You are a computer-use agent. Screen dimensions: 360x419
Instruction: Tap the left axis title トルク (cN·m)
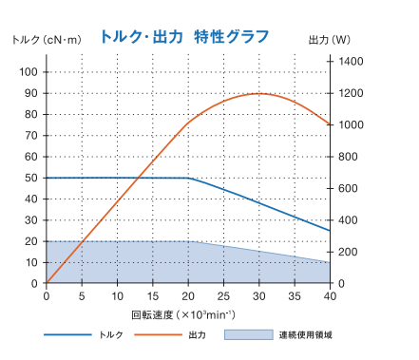46,39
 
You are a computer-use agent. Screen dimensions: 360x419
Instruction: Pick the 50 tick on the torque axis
30,178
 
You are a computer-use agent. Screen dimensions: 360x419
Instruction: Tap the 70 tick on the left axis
30,136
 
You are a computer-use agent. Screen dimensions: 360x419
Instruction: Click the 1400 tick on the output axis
352,61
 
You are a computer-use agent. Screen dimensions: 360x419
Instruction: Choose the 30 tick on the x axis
259,296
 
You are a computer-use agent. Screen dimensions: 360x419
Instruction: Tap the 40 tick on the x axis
330,296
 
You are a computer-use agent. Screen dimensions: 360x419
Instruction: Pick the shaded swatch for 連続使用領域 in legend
245,334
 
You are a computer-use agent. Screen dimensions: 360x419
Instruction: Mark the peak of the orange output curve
259,93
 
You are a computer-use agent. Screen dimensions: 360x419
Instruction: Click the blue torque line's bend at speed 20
189,178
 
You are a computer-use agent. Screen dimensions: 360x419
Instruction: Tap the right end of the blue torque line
330,231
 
